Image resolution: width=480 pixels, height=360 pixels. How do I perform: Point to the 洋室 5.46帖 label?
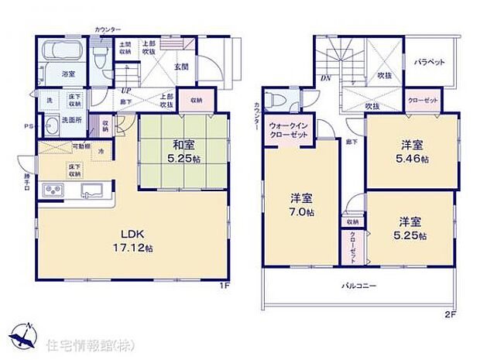coord(410,152)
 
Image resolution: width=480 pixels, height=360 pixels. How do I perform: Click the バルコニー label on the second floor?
coord(359,286)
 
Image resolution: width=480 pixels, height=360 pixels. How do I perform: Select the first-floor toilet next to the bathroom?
coord(100,57)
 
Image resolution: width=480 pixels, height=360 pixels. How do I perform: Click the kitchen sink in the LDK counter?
coord(97,190)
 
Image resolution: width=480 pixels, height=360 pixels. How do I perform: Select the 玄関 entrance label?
coord(180,67)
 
